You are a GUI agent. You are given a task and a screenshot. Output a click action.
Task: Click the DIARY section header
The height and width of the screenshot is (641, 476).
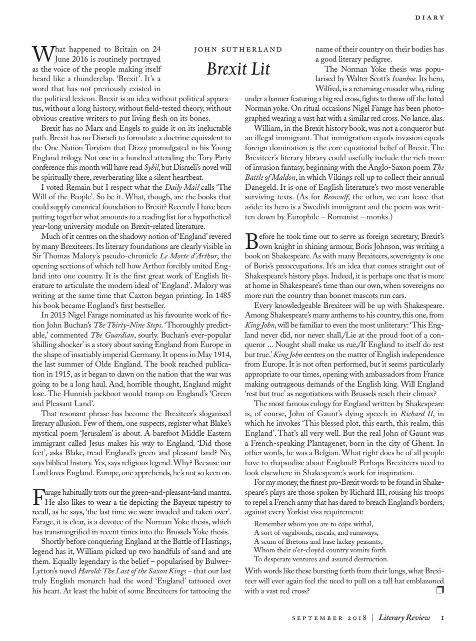(x=429, y=18)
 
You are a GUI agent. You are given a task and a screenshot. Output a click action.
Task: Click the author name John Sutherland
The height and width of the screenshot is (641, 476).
(x=238, y=50)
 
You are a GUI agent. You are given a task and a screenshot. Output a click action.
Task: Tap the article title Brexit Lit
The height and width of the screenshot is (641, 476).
(x=238, y=69)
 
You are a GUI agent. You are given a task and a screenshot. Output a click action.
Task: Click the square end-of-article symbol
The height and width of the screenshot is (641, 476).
(x=440, y=590)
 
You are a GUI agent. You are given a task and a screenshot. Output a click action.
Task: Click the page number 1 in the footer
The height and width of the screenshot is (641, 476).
(x=442, y=617)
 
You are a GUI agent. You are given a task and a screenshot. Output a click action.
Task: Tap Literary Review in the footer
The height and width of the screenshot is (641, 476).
(x=404, y=617)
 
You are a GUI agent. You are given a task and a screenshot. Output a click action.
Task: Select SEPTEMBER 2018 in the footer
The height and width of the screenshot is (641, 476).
(x=329, y=618)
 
